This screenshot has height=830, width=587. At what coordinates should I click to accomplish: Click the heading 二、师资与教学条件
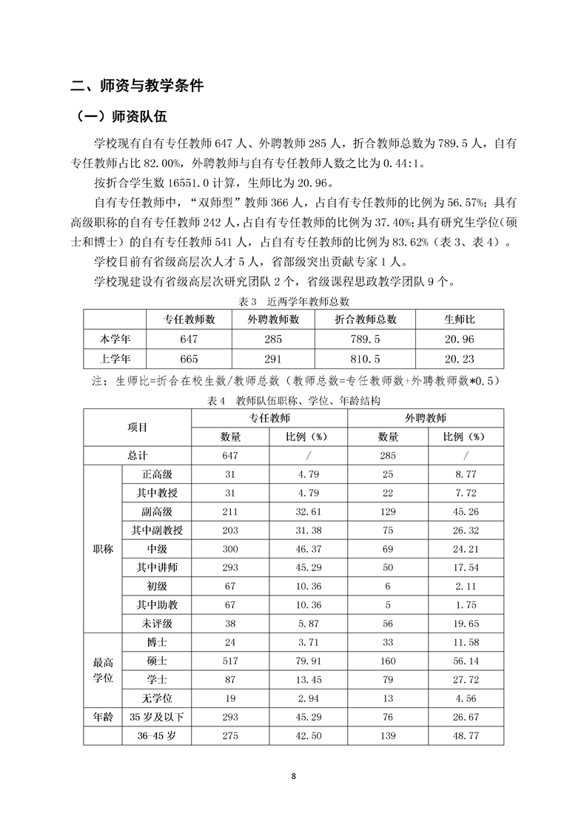(x=137, y=86)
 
